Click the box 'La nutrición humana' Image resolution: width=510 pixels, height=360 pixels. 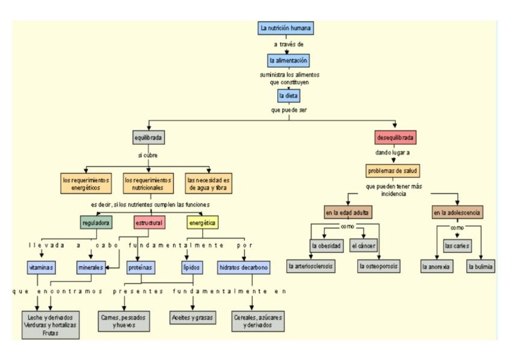point(286,28)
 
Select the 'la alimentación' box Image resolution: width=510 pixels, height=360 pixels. point(289,61)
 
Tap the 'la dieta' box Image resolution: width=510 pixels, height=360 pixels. point(289,95)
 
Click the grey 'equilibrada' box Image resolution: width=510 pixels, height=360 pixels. point(149,138)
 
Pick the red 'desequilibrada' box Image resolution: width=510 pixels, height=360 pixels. point(395,138)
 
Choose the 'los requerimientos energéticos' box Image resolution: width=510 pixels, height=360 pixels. point(87,183)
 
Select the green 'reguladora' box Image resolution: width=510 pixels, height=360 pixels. point(96,223)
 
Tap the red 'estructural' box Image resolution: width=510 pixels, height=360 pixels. point(149,223)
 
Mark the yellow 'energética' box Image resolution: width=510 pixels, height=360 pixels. point(202,223)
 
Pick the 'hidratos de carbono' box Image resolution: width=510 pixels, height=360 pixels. point(243,266)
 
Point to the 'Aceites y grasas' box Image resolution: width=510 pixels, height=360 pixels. point(192,317)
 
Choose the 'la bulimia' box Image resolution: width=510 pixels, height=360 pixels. point(481,266)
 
